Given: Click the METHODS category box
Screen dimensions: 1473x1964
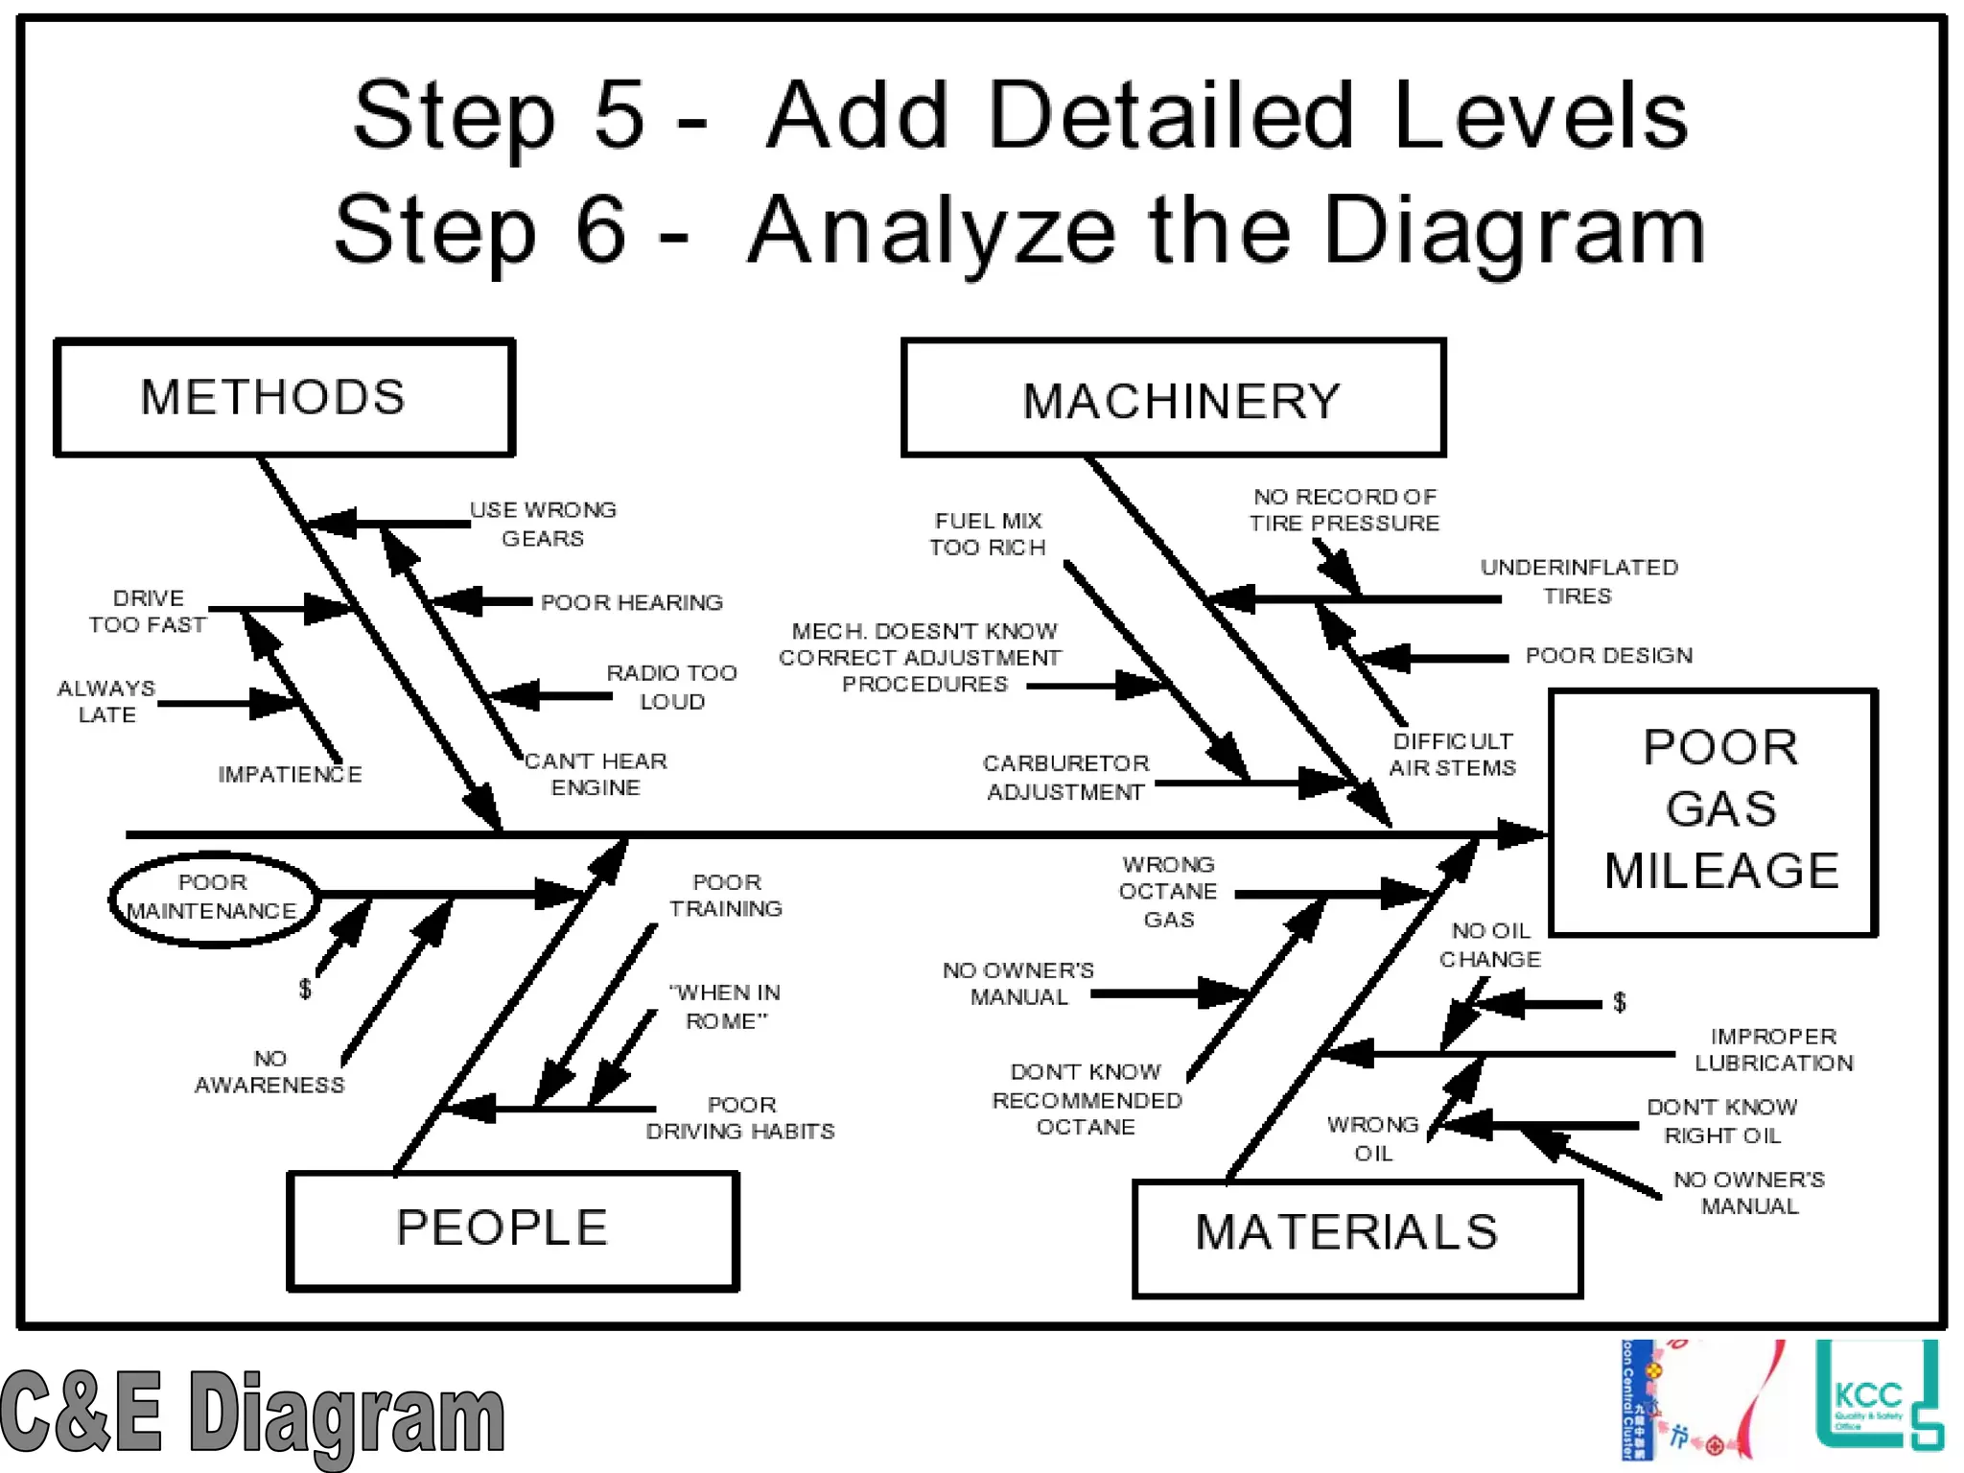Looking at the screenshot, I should pyautogui.click(x=284, y=397).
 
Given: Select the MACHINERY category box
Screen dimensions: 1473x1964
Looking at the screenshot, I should pyautogui.click(x=1173, y=398).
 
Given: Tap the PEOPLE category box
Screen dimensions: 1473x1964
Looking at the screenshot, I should pyautogui.click(x=512, y=1230).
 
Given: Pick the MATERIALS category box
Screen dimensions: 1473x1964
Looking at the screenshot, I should pyautogui.click(x=1356, y=1237).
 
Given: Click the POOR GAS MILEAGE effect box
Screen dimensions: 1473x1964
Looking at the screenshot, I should pyautogui.click(x=1713, y=811).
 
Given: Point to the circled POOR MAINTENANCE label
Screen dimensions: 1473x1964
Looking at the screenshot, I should pyautogui.click(x=213, y=898).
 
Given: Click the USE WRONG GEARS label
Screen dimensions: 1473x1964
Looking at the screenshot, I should pyautogui.click(x=543, y=524).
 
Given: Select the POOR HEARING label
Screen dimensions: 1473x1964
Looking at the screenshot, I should pyautogui.click(x=631, y=602).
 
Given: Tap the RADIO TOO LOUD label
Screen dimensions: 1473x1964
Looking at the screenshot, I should pyautogui.click(x=671, y=687).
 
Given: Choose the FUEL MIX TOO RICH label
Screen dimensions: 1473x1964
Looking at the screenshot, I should pyautogui.click(x=988, y=534).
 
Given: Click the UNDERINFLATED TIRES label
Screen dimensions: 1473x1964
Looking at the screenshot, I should pyautogui.click(x=1578, y=581).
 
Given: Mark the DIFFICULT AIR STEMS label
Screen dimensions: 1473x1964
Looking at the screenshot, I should pyautogui.click(x=1452, y=754).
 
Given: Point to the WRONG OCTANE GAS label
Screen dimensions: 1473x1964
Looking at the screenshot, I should pyautogui.click(x=1168, y=892).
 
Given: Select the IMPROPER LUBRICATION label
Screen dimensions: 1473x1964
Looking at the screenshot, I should pyautogui.click(x=1773, y=1049).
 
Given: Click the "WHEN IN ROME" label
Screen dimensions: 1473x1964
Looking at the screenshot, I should pyautogui.click(x=726, y=1006).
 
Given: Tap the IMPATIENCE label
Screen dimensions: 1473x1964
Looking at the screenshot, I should pyautogui.click(x=290, y=774).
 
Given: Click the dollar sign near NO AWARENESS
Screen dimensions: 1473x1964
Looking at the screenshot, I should pyautogui.click(x=305, y=989).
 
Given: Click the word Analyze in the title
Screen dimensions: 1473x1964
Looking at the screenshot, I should pyautogui.click(x=931, y=231).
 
